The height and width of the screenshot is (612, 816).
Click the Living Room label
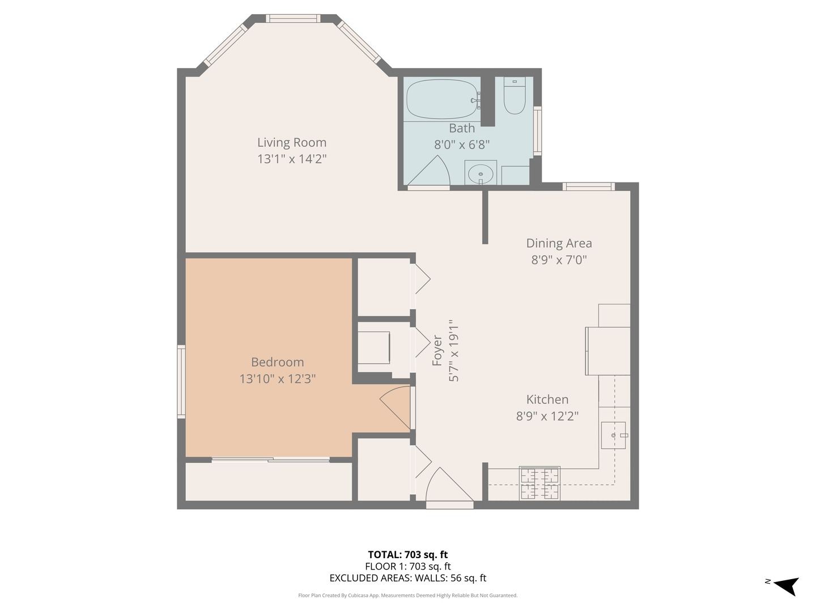click(292, 143)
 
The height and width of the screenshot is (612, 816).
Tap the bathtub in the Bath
click(442, 100)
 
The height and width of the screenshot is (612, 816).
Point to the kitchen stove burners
click(540, 483)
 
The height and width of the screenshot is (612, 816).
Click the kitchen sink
click(613, 435)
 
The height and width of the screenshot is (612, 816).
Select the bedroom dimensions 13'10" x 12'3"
click(277, 379)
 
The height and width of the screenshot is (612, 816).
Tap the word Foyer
click(437, 350)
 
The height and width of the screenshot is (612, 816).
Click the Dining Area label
click(559, 243)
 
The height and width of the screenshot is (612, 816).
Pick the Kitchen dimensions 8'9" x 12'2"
click(547, 416)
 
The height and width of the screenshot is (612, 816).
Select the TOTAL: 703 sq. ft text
click(407, 555)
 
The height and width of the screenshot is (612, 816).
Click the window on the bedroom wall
click(181, 382)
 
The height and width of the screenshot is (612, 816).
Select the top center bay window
click(293, 19)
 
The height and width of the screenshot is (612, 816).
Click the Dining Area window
click(589, 186)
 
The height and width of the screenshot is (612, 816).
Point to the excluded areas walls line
click(407, 578)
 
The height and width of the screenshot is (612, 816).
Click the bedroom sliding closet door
click(270, 460)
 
